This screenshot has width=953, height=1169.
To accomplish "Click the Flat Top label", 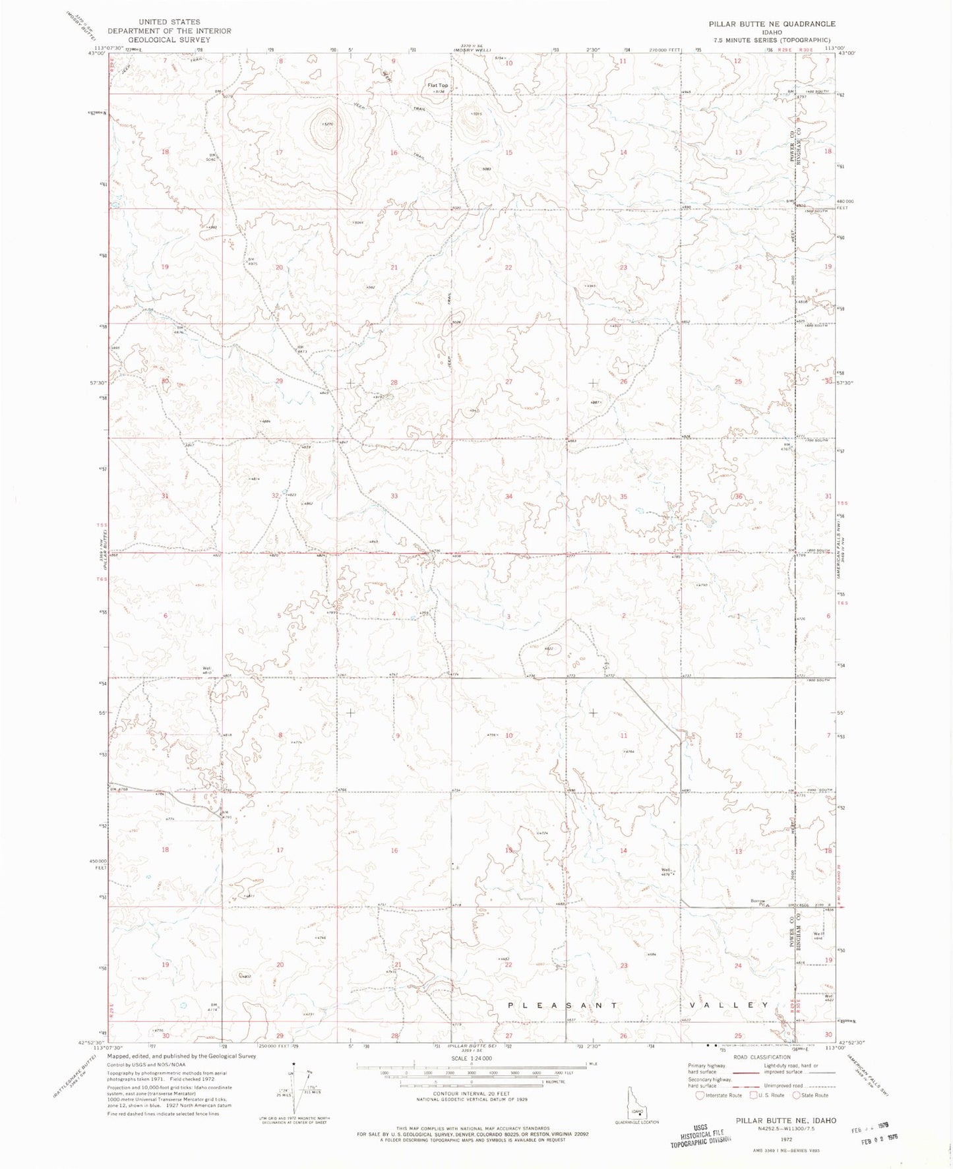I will tap(437, 85).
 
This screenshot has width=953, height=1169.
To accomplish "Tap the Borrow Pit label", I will tap(758, 903).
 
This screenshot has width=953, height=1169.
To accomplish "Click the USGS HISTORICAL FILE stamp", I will tap(700, 1136).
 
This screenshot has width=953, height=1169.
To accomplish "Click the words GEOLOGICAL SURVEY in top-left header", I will tap(169, 40).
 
